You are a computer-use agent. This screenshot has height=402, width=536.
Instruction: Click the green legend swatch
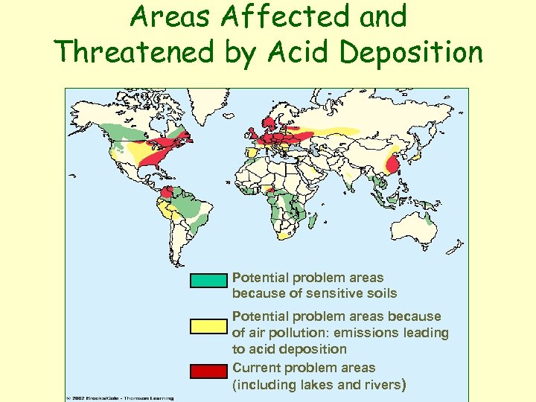[x=208, y=281]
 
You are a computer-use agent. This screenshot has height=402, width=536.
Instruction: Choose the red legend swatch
[x=208, y=370]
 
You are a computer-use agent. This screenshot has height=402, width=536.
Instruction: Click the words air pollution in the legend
[x=286, y=333]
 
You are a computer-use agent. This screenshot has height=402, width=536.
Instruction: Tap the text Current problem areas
[x=304, y=368]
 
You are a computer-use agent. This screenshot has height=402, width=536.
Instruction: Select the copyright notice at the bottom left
[x=119, y=398]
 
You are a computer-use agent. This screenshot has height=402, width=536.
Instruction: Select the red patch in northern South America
[x=167, y=193]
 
